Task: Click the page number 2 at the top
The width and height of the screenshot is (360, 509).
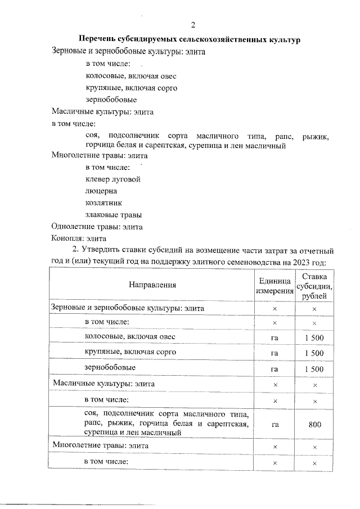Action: [193, 25]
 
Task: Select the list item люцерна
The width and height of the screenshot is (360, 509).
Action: [97, 191]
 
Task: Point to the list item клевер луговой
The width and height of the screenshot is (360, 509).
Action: [112, 179]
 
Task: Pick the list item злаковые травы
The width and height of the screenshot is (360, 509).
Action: [113, 215]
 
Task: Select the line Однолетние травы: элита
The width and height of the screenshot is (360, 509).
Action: [97, 227]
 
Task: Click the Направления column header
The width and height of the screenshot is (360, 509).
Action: [152, 285]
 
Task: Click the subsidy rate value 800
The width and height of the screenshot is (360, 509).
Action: [315, 425]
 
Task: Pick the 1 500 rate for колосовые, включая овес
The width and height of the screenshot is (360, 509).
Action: [315, 337]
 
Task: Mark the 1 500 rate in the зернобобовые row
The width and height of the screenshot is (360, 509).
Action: [315, 369]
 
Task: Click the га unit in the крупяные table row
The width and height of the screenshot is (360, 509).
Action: [274, 353]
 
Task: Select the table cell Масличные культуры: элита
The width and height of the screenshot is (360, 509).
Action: [103, 384]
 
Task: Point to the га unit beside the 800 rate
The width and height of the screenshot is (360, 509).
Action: [274, 425]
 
